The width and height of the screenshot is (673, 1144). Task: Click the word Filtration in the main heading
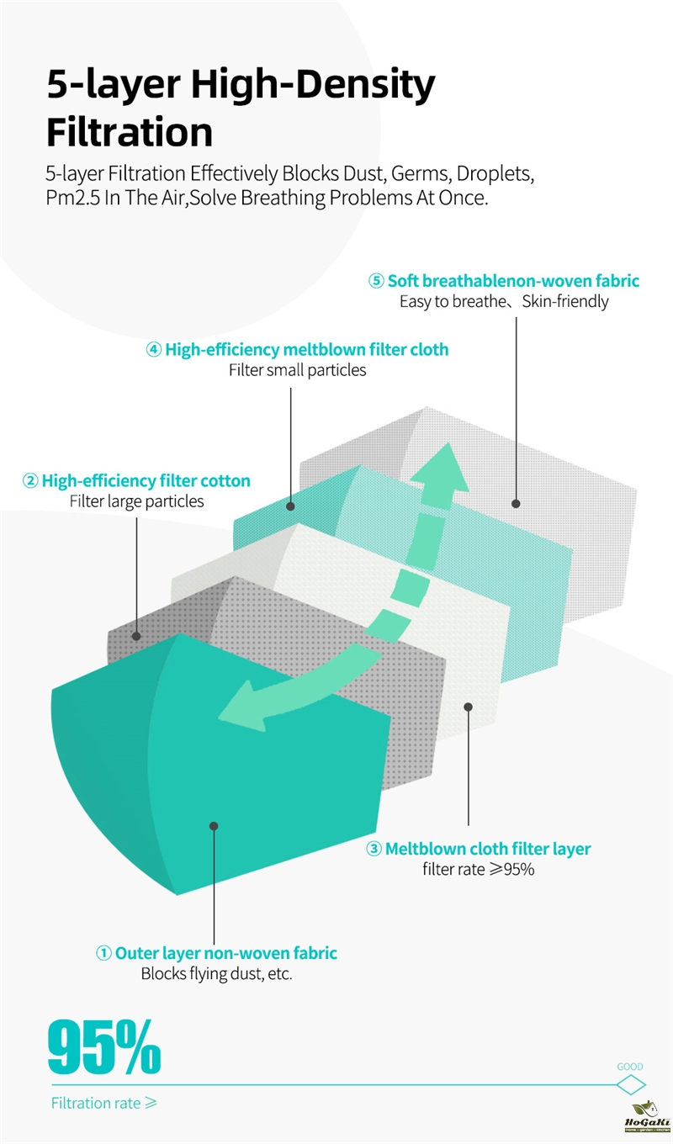click(130, 132)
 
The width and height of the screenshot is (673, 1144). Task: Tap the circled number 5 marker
click(376, 280)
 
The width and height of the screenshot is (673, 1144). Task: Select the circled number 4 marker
click(154, 350)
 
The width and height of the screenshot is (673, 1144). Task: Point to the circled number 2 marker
click(30, 480)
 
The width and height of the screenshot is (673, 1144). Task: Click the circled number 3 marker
click(374, 849)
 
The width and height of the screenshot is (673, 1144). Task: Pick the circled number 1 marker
click(103, 953)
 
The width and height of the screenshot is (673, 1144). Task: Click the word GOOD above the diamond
click(629, 1067)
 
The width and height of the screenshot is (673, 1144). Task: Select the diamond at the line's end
click(631, 1084)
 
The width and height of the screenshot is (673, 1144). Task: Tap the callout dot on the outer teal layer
click(214, 826)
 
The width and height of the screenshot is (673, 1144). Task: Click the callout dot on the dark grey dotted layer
click(135, 636)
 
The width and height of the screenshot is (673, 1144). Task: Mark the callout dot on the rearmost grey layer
click(516, 504)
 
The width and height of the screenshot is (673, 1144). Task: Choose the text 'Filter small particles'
click(297, 370)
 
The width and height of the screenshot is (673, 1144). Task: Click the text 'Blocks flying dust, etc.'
click(216, 973)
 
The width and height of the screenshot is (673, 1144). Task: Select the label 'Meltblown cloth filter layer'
click(488, 849)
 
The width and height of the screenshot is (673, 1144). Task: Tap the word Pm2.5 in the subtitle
click(72, 198)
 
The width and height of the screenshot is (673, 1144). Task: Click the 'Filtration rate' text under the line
click(96, 1103)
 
